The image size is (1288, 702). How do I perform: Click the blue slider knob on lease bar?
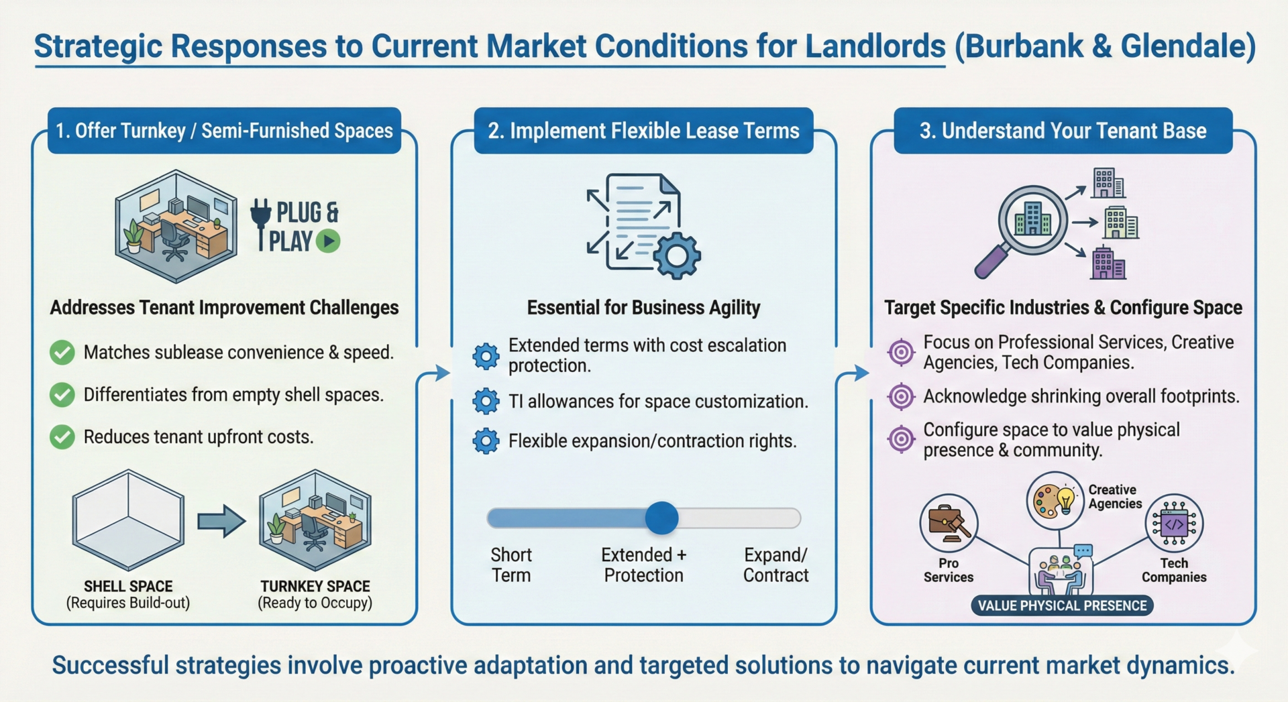661,518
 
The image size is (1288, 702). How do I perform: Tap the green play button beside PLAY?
328,241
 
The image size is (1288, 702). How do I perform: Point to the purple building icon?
1108,263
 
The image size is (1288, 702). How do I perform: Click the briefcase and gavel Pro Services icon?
949,523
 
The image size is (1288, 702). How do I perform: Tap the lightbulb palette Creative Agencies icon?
1055,500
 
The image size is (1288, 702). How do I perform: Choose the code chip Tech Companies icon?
1174,523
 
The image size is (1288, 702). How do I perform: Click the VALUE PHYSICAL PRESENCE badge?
1062,605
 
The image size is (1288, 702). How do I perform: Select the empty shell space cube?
128,519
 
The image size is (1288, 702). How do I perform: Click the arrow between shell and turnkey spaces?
221,521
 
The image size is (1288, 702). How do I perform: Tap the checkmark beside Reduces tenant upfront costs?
62,437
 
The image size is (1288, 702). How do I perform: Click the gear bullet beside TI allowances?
486,401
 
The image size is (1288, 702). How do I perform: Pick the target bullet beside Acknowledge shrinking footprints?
901,396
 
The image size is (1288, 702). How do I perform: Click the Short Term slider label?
511,565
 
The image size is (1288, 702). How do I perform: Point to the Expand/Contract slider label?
775,565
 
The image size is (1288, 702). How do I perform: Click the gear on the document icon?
677,255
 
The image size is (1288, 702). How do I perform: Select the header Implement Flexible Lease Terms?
643,131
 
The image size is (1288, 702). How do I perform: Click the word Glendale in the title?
1181,46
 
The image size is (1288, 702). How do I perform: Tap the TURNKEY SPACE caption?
315,586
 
